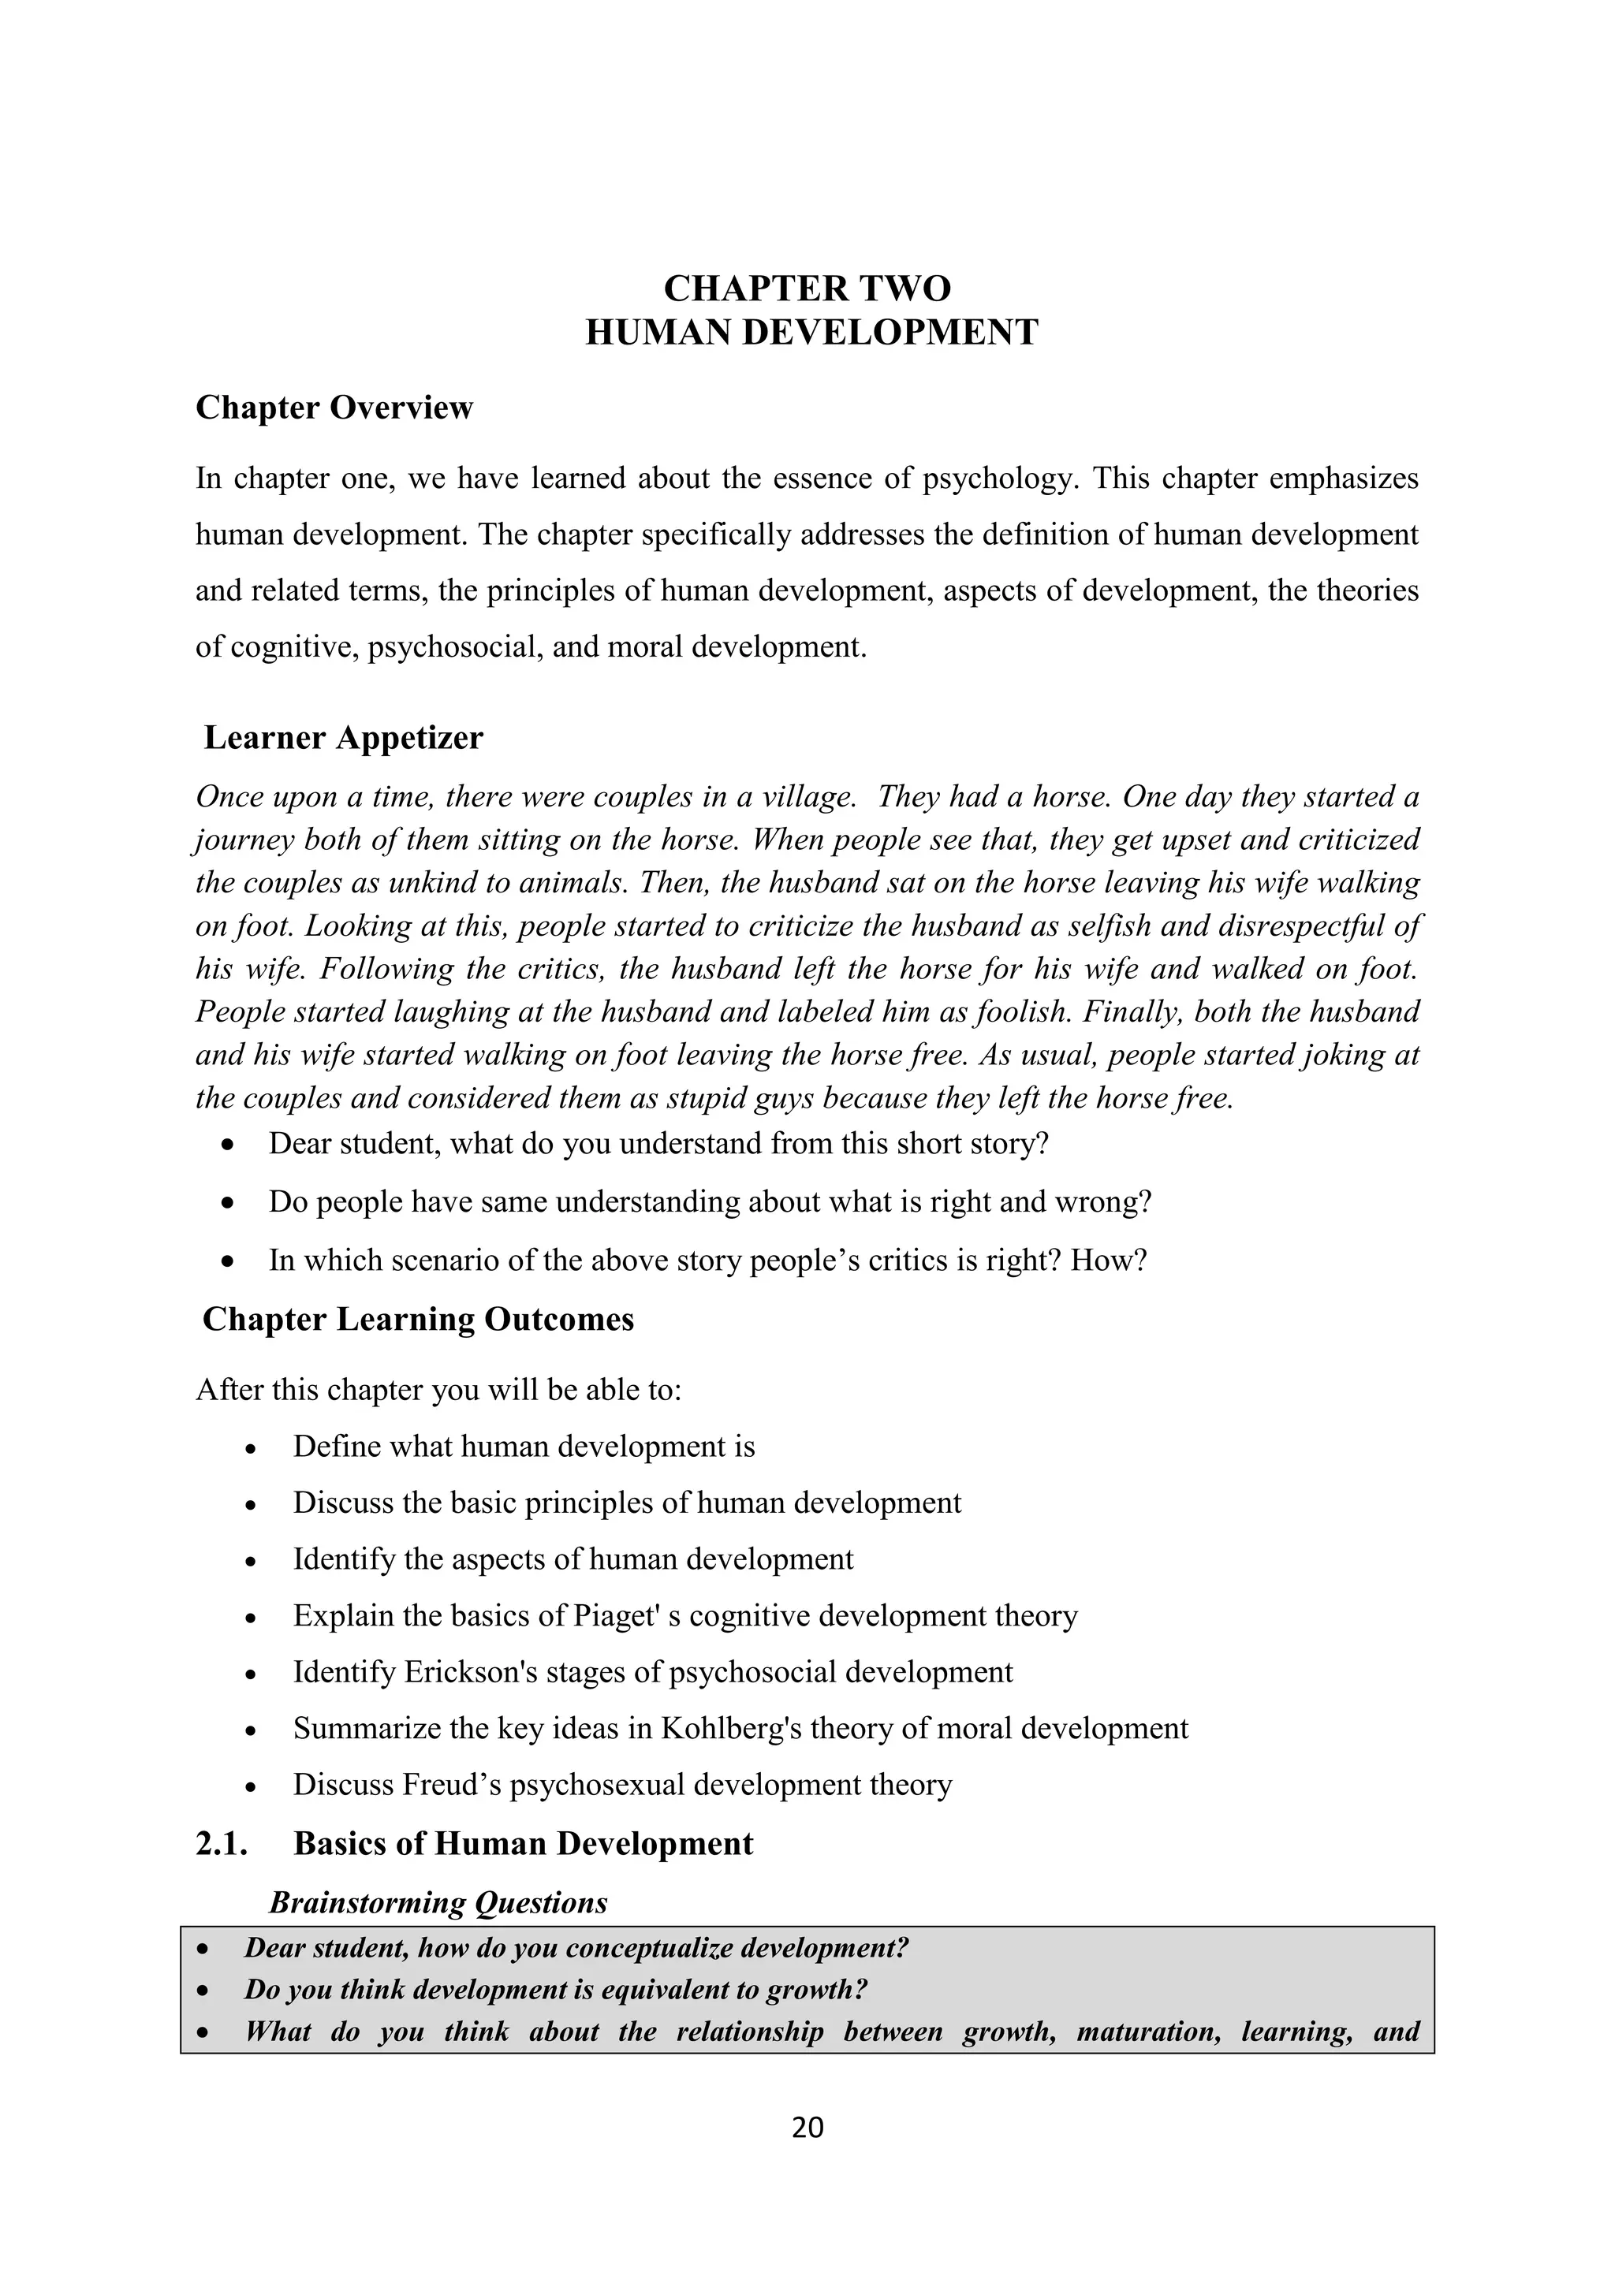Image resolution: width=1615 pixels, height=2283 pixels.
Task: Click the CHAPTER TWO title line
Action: click(x=807, y=289)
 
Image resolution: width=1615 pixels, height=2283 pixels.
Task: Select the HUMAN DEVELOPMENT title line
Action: click(x=811, y=332)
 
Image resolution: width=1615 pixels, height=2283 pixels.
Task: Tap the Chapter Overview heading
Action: click(x=334, y=408)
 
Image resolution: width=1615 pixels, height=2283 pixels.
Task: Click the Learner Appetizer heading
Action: click(x=343, y=738)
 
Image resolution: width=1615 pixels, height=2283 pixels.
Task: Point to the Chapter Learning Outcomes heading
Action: click(x=418, y=1320)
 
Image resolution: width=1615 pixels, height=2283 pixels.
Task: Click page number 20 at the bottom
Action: click(x=807, y=2127)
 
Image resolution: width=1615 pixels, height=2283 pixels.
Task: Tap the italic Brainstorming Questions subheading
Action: click(x=438, y=1902)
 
